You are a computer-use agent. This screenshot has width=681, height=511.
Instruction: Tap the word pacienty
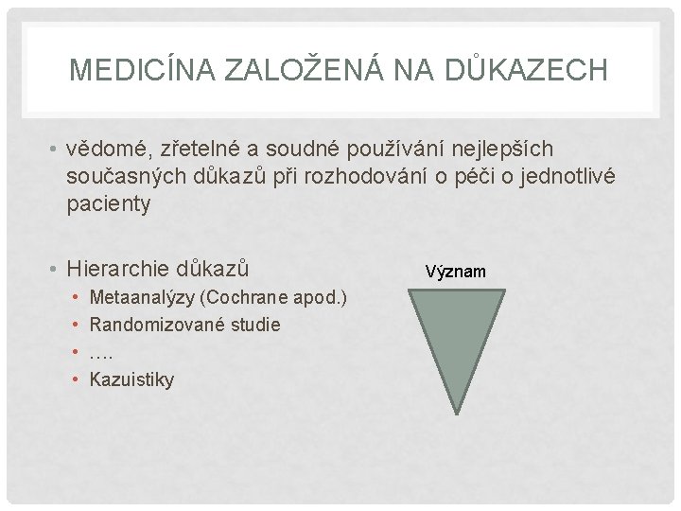tap(109, 204)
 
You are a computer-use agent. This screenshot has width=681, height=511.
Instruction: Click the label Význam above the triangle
tap(455, 273)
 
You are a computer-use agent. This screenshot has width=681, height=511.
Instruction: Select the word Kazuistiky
tap(131, 379)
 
